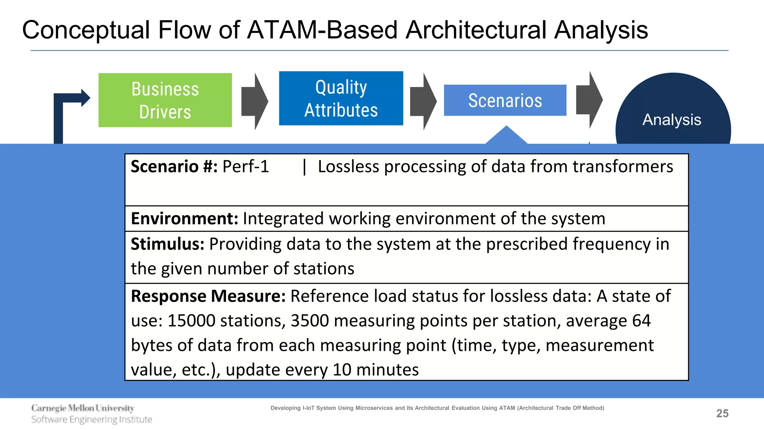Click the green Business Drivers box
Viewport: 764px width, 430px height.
pyautogui.click(x=165, y=100)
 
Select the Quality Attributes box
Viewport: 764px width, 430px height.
pyautogui.click(x=341, y=99)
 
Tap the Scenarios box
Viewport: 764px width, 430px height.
pyautogui.click(x=505, y=100)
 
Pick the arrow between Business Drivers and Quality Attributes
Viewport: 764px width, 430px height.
pyautogui.click(x=255, y=101)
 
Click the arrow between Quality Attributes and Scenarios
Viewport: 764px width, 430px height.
pyautogui.click(x=423, y=101)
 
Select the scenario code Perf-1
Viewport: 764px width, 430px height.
pyautogui.click(x=245, y=166)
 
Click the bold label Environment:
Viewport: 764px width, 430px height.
pyautogui.click(x=184, y=219)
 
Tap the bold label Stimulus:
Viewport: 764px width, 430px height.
pyautogui.click(x=167, y=244)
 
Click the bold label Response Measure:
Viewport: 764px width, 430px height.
pyautogui.click(x=208, y=296)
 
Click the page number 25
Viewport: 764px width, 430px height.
pyautogui.click(x=722, y=414)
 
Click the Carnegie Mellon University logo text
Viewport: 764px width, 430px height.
pyautogui.click(x=83, y=408)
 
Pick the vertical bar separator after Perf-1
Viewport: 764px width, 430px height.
pyautogui.click(x=304, y=166)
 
